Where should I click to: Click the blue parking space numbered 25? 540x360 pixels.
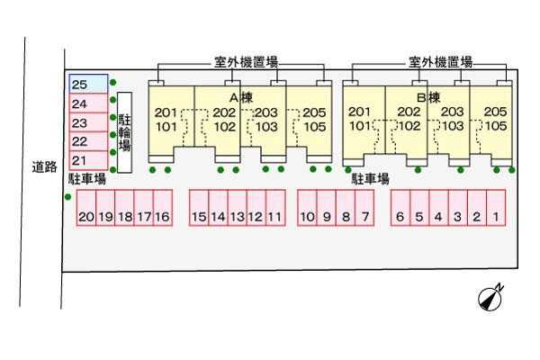pos(89,84)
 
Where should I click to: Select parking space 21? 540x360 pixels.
pos(89,160)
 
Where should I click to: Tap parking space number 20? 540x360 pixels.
pos(85,217)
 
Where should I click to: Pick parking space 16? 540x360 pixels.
pos(162,217)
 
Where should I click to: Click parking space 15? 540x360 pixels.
pos(199,217)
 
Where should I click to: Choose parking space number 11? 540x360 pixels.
pos(275,217)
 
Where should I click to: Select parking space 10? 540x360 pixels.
pos(307,217)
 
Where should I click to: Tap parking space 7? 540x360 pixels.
pos(364,217)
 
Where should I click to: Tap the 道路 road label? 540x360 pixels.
pos(43,166)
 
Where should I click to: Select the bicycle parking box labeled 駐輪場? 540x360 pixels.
pos(124,132)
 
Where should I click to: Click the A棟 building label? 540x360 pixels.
pos(238,96)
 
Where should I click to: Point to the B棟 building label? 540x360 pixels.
pos(427,96)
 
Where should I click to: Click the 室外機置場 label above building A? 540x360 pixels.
pos(245,63)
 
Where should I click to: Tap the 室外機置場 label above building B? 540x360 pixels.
pos(441,63)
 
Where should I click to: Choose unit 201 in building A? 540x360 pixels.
pos(166,112)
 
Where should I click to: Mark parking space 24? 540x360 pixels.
pos(89,103)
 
